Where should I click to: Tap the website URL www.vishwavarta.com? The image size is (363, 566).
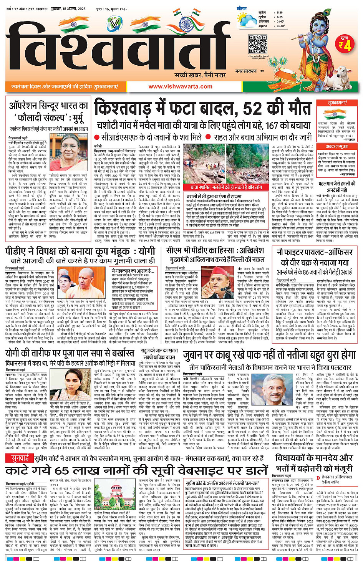click(180, 86)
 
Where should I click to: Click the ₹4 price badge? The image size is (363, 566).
click(345, 45)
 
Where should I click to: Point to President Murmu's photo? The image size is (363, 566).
click(73, 152)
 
